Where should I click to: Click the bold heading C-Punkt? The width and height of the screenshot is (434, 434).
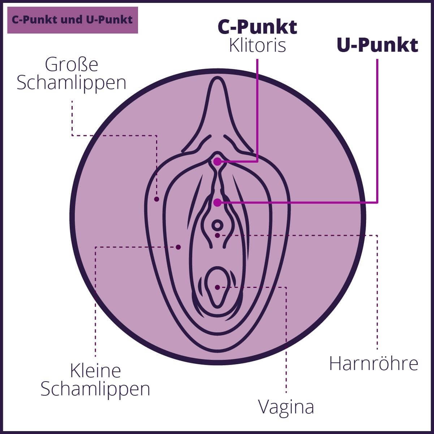point(257,27)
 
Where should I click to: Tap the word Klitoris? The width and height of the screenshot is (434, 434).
point(257,46)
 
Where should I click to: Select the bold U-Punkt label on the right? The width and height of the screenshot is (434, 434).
point(377,45)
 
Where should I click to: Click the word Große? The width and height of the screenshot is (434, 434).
point(72,65)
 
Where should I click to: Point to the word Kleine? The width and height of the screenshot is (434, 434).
point(95,371)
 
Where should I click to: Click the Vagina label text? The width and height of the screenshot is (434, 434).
point(286,407)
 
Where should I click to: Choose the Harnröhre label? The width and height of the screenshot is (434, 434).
point(374,363)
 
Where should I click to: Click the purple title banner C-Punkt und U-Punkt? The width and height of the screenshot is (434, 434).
point(73,20)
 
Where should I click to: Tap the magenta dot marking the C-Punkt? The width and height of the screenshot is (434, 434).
point(217,162)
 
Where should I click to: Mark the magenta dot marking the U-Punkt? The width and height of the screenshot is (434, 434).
point(217,203)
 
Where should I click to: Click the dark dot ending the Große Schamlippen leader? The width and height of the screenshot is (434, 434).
point(156,199)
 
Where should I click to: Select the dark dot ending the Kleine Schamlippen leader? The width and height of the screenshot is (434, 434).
point(178,247)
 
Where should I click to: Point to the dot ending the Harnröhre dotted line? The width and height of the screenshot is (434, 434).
point(217,235)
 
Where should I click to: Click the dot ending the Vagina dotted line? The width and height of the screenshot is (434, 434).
point(217,288)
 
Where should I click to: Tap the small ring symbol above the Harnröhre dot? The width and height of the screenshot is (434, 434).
point(217,226)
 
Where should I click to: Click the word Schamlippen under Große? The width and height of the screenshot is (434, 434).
point(72,83)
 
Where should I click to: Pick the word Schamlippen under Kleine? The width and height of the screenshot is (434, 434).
point(95,389)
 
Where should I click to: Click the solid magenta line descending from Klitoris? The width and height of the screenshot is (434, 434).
point(257,109)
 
